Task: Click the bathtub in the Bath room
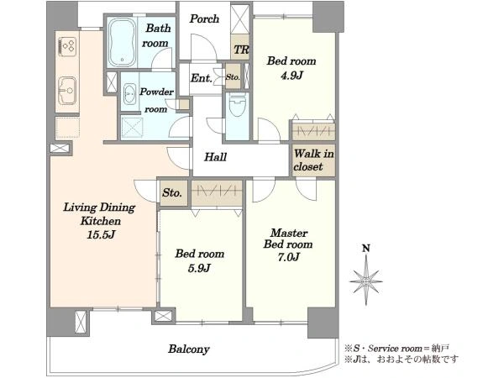pos(122,42)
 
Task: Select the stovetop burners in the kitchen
pos(68,46)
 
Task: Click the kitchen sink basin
pos(67,91)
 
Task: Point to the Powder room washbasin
pos(130,93)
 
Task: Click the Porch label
pos(204,18)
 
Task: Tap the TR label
pos(241,50)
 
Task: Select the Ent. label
pos(202,78)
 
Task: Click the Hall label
pos(215,157)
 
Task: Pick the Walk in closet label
pos(313,160)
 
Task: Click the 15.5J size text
pos(101,234)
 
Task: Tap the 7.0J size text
pos(289,257)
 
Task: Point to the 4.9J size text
pos(291,76)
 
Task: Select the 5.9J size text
pos(199,268)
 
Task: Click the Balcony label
pos(189,349)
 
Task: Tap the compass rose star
pos(366,281)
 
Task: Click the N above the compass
pos(365,248)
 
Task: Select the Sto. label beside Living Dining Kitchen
pos(172,193)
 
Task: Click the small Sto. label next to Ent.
pos(233,77)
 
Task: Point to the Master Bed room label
pos(288,239)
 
